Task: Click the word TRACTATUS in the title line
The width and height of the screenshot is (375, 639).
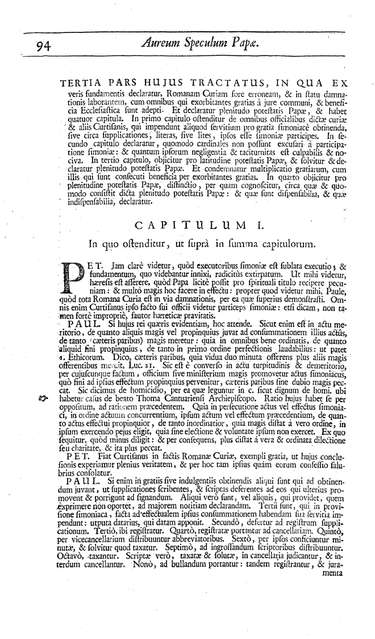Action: [x=192, y=83]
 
